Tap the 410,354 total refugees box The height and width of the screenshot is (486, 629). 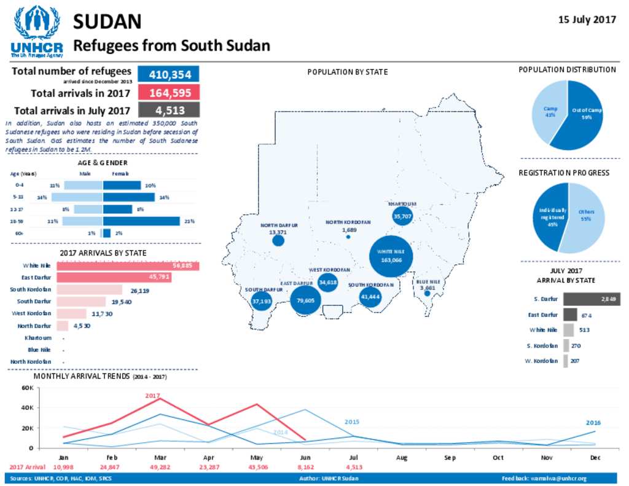click(169, 74)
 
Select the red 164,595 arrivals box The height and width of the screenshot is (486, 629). click(169, 93)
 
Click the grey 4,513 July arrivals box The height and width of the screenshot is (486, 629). click(169, 111)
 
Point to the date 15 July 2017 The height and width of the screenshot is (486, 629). click(587, 20)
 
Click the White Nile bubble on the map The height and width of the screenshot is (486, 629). click(391, 256)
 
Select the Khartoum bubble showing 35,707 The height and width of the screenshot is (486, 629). click(402, 216)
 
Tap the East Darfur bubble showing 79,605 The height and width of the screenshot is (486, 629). click(305, 300)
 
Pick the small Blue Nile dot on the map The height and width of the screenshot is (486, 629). click(427, 294)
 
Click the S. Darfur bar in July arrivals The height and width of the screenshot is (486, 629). click(592, 299)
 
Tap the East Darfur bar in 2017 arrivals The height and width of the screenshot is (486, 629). click(114, 278)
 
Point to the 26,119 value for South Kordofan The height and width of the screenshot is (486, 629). click(140, 290)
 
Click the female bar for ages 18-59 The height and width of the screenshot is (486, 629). click(141, 221)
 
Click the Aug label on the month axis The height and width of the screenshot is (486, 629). click(401, 458)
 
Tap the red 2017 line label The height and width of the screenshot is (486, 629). click(152, 396)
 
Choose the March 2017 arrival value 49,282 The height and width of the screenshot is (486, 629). click(160, 468)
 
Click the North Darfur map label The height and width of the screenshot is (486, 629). click(278, 225)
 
